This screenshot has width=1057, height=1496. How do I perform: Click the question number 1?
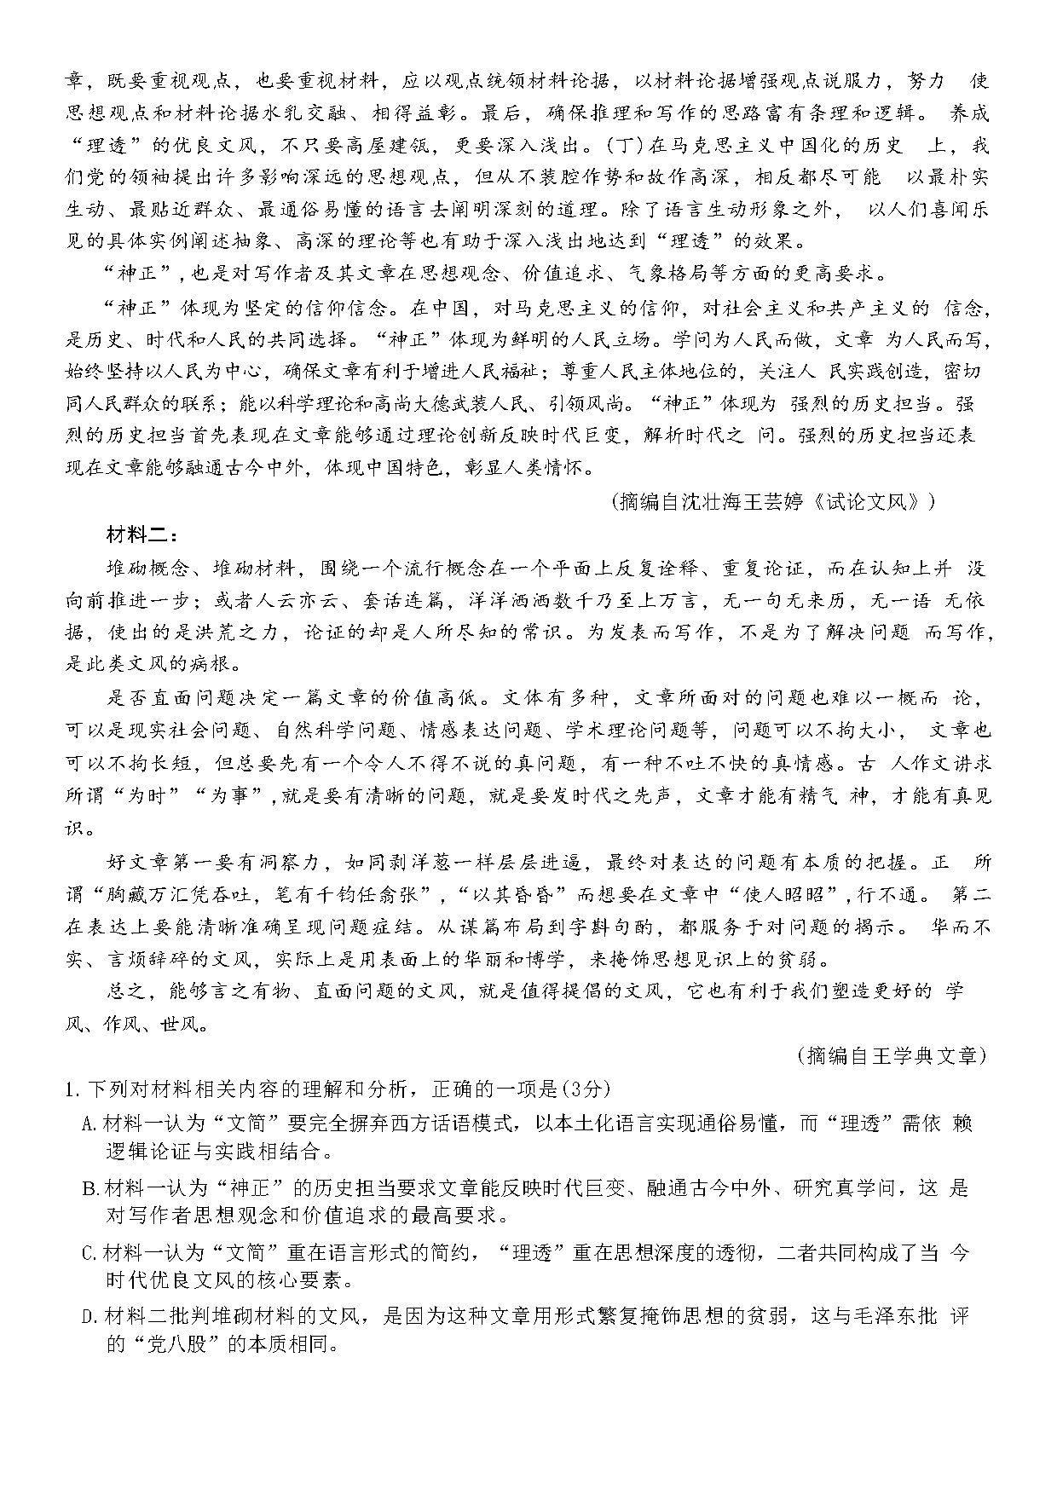tap(72, 1089)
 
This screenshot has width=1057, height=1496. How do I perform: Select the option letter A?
tap(87, 1123)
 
